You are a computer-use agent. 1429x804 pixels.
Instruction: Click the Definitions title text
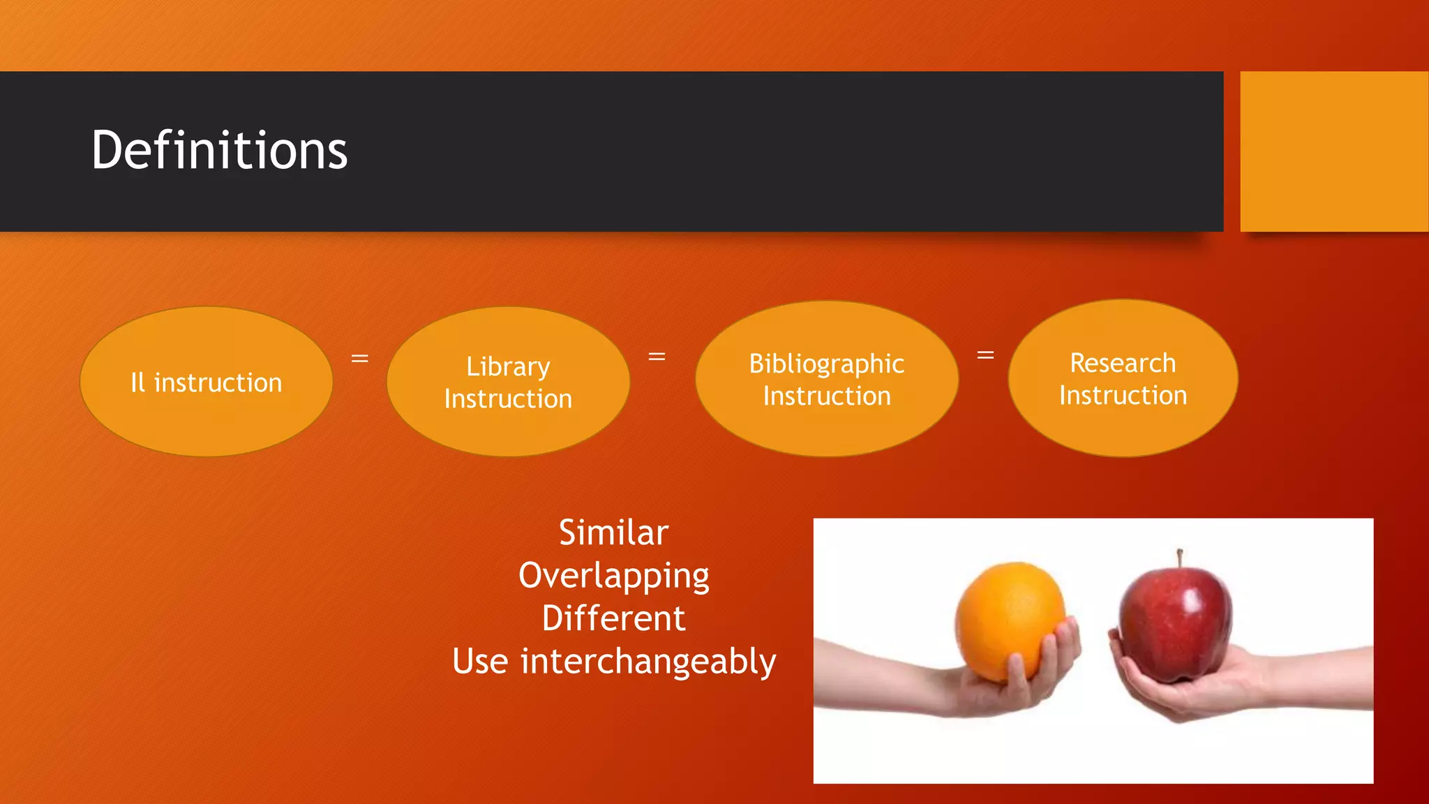(219, 150)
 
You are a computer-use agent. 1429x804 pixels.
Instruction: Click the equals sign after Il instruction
(359, 359)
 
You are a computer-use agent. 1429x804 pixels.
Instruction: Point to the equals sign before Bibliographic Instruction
(657, 357)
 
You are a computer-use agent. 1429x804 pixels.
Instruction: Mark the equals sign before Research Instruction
(985, 355)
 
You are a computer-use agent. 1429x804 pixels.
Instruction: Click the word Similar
(613, 533)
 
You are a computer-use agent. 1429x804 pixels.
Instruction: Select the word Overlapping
(613, 576)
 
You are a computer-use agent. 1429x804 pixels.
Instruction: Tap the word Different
(613, 618)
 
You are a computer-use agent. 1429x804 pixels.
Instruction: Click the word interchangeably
(648, 661)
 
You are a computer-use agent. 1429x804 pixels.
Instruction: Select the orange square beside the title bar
(1333, 151)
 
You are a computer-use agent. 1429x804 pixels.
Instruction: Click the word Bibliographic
(826, 364)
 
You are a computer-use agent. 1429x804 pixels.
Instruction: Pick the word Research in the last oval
(1122, 363)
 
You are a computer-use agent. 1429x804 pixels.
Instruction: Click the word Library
(508, 367)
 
